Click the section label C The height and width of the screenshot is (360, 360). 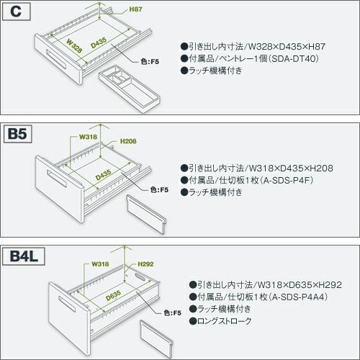coord(16,12)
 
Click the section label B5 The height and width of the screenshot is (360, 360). coord(17,133)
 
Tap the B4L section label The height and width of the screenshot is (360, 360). coord(24,256)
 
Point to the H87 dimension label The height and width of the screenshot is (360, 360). coord(135,9)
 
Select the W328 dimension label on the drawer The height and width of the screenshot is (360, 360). coord(74,45)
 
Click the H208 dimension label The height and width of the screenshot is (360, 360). coord(128,141)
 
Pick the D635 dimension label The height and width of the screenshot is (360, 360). coord(113,295)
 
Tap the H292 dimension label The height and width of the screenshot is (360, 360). coord(145,264)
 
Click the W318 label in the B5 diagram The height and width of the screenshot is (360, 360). coord(88,137)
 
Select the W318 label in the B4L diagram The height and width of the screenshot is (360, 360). coord(100,264)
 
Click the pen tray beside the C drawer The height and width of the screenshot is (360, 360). coord(130,88)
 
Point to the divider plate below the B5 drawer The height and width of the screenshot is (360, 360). coord(146,214)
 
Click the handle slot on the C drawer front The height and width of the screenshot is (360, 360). coord(56,60)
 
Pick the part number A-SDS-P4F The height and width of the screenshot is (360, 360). coord(287,180)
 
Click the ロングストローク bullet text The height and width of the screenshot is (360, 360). coord(224,321)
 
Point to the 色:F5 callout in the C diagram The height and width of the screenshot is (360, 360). coord(150,62)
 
